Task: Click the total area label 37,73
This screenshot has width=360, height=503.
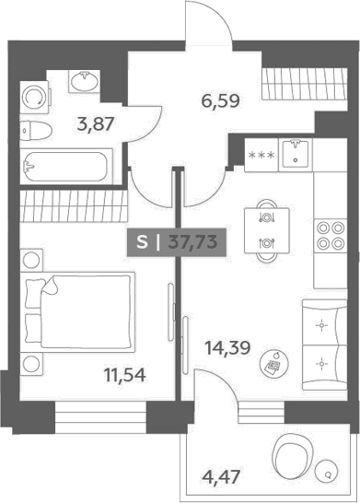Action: point(193,241)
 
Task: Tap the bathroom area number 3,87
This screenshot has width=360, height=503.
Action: point(96,124)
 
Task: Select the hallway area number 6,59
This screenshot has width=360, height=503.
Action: point(221,101)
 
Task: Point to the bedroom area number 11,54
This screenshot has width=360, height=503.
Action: point(125,375)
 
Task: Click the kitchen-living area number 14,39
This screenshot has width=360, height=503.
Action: point(227,348)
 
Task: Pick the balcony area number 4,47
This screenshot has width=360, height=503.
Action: point(221,477)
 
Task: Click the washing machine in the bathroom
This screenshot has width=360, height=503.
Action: point(35,97)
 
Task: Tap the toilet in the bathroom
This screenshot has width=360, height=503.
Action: point(36,131)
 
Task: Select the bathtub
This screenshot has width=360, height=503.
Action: point(66,167)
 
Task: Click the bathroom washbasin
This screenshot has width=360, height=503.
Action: point(85,81)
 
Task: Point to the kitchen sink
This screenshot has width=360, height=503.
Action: point(296,156)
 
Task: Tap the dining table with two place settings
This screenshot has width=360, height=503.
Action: point(267,230)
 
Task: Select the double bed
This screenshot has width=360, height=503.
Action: point(77,312)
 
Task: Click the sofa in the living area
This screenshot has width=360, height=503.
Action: point(324,345)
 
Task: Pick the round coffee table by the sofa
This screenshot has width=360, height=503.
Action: point(274,364)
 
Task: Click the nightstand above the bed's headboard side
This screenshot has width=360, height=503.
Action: point(31,259)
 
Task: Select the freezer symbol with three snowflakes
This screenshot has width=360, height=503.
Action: point(261,156)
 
